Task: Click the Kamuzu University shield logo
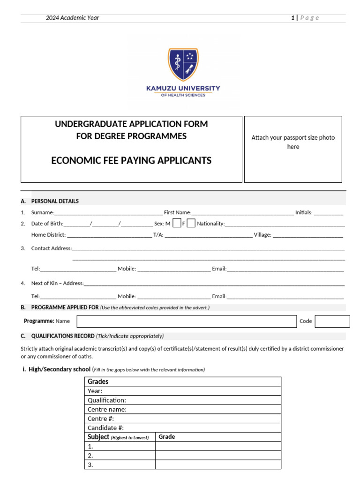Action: click(x=183, y=64)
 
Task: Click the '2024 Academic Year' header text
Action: click(x=72, y=18)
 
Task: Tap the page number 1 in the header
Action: click(x=292, y=18)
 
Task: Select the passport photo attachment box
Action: click(x=293, y=149)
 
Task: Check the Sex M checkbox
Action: click(x=176, y=224)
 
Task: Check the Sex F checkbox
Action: click(x=191, y=224)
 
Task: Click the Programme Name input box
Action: click(x=187, y=321)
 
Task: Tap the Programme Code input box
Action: click(x=332, y=321)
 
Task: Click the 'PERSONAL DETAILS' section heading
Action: click(x=55, y=201)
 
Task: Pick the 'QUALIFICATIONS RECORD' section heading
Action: click(x=62, y=336)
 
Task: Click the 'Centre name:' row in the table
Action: click(x=183, y=409)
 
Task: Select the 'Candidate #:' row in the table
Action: click(x=183, y=427)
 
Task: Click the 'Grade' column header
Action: click(x=166, y=437)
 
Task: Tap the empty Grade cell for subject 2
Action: click(x=218, y=455)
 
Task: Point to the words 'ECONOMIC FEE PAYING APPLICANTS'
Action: click(x=131, y=161)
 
